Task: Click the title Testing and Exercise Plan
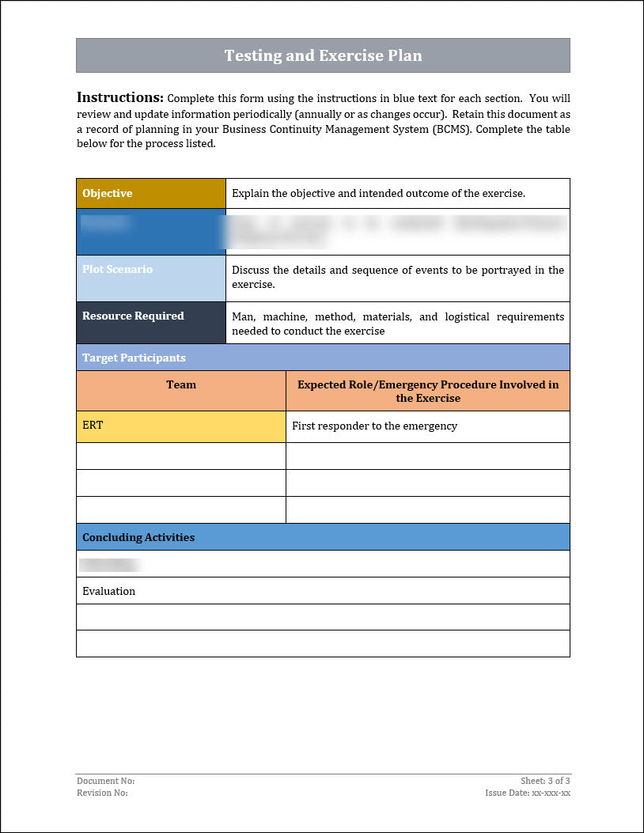click(x=323, y=55)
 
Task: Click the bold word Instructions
click(x=119, y=97)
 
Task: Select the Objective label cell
click(x=150, y=193)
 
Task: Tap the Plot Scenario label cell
click(x=150, y=278)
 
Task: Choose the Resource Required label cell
click(x=150, y=322)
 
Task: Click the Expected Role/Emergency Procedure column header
click(x=427, y=391)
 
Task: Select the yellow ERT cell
click(x=181, y=426)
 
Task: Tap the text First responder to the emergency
click(x=374, y=426)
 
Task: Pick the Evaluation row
click(x=109, y=591)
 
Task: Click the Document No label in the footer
click(x=106, y=781)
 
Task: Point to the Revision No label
click(x=102, y=793)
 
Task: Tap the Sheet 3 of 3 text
click(x=545, y=781)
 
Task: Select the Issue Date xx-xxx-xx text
click(x=528, y=793)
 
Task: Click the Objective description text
click(x=378, y=193)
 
